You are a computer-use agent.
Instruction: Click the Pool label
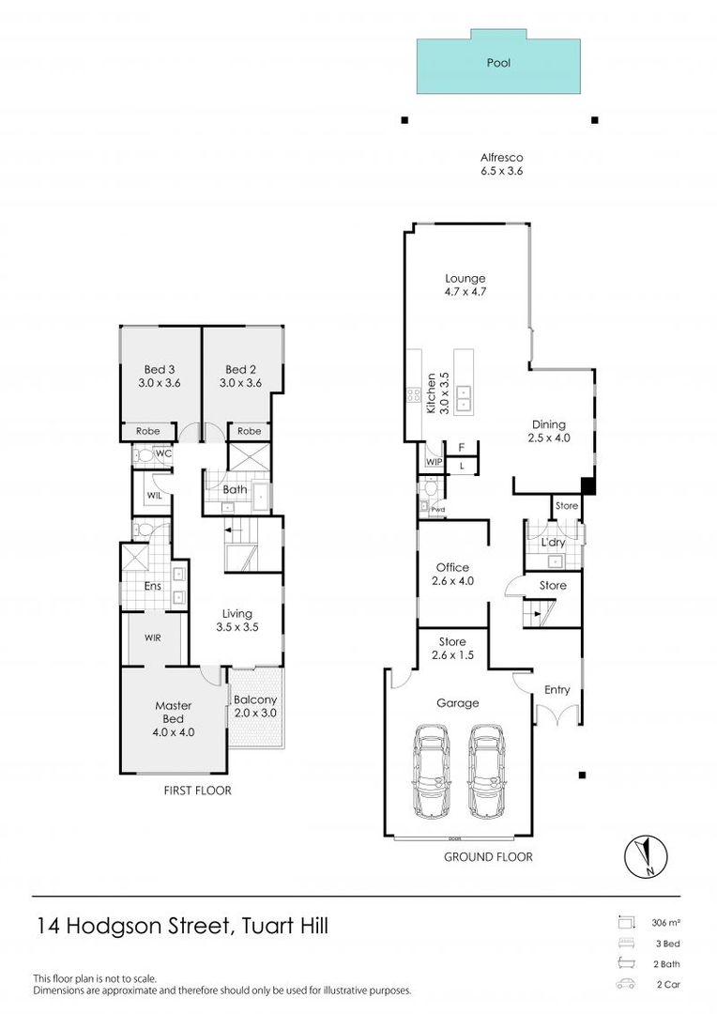pyautogui.click(x=497, y=65)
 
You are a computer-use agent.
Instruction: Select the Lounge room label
pyautogui.click(x=465, y=284)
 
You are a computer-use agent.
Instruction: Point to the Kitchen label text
pyautogui.click(x=432, y=393)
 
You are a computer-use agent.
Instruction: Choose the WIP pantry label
pyautogui.click(x=434, y=462)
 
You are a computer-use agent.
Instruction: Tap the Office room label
pyautogui.click(x=452, y=574)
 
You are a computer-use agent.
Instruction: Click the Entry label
pyautogui.click(x=557, y=690)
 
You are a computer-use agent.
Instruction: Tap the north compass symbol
pyautogui.click(x=645, y=855)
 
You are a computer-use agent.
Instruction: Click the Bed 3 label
pyautogui.click(x=160, y=376)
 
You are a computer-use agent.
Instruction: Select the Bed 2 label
pyautogui.click(x=241, y=376)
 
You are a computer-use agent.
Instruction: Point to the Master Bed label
pyautogui.click(x=173, y=718)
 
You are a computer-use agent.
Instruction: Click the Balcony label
pyautogui.click(x=254, y=707)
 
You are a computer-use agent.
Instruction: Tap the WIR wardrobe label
pyautogui.click(x=153, y=638)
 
